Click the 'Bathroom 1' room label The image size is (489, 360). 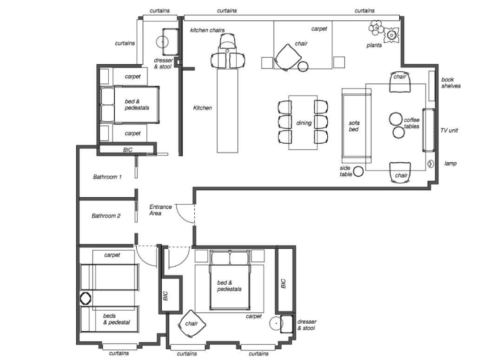107,177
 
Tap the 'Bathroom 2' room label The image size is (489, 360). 106,215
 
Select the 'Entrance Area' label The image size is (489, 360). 160,210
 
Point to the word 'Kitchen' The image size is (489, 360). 202,108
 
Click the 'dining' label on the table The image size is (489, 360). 304,123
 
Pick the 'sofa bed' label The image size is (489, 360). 354,126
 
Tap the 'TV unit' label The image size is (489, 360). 449,130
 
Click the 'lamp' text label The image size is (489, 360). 450,163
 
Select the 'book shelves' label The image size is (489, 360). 451,83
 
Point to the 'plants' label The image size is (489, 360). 374,45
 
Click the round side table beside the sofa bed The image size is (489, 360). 358,171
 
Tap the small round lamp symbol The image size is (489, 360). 431,163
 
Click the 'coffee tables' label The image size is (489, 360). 411,123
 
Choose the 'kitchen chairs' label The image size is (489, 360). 207,30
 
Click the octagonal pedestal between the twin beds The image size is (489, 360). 85,299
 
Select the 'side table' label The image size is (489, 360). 346,171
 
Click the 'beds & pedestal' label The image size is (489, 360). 117,319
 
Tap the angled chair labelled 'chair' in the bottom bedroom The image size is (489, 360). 192,324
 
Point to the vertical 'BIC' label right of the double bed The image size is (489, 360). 283,284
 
